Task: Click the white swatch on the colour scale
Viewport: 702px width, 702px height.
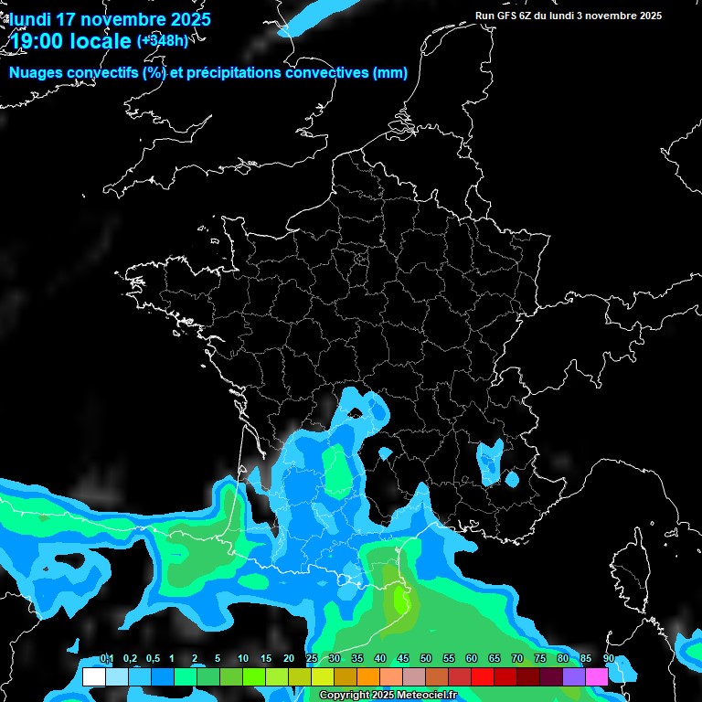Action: tap(93, 677)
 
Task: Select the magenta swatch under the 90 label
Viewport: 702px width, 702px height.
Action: tap(597, 677)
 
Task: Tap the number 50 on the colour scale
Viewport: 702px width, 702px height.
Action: tap(426, 659)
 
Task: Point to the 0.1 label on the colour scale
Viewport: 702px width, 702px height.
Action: tap(107, 659)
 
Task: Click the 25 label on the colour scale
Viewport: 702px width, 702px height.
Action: tap(312, 659)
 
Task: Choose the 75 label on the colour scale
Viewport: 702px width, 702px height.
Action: tap(540, 659)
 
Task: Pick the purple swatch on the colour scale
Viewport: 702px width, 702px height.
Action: tap(574, 677)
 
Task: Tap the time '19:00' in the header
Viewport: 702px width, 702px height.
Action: tap(40, 41)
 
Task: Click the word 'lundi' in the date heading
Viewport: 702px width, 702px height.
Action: tap(30, 19)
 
